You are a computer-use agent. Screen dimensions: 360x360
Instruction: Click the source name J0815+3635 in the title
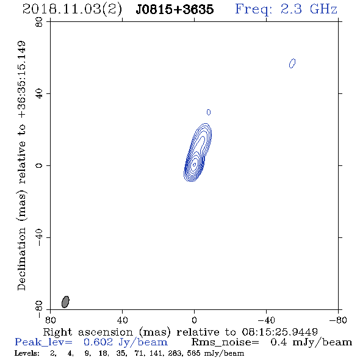point(175,9)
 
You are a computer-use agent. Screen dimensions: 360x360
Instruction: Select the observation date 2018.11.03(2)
point(72,10)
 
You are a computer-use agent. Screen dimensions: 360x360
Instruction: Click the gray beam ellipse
point(65,301)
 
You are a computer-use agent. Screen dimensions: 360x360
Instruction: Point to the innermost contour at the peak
point(194,164)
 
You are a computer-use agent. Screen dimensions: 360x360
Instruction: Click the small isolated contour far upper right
point(292,63)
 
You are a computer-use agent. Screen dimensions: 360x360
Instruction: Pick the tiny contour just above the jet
point(209,112)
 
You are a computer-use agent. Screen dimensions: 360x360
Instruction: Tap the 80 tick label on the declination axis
point(39,22)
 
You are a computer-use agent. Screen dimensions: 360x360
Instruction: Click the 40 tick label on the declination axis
point(39,94)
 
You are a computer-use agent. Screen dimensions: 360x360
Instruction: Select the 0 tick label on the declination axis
point(39,165)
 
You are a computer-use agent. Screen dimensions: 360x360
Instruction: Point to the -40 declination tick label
point(39,237)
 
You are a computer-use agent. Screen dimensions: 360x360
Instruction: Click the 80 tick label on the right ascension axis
point(50,320)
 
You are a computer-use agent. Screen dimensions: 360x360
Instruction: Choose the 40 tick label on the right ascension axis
point(122,320)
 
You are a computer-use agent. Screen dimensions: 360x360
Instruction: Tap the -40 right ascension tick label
point(266,320)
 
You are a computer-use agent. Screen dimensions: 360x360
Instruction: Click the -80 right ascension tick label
point(338,320)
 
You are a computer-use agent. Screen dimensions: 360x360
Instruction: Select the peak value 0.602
point(98,342)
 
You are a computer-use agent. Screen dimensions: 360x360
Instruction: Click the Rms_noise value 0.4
point(278,342)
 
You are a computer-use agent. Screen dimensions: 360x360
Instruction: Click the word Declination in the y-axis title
point(21,259)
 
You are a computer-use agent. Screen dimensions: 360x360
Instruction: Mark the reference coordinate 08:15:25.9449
point(279,332)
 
